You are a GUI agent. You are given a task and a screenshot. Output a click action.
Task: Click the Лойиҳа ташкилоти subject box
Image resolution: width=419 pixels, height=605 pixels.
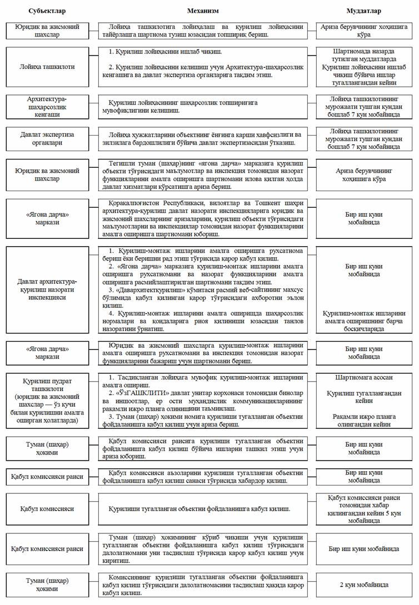click(47, 67)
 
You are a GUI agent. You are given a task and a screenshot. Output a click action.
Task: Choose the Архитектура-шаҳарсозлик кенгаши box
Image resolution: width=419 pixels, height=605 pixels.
click(47, 107)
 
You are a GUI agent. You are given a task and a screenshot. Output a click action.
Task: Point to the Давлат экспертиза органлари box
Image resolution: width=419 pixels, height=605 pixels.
click(47, 138)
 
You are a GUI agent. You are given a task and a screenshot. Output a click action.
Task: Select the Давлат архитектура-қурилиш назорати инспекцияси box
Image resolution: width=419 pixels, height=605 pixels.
click(47, 289)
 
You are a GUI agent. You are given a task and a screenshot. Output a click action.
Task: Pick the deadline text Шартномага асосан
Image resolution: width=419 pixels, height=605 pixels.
click(364, 377)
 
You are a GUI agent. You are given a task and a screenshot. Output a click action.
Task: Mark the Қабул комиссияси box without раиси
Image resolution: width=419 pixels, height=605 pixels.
click(47, 508)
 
